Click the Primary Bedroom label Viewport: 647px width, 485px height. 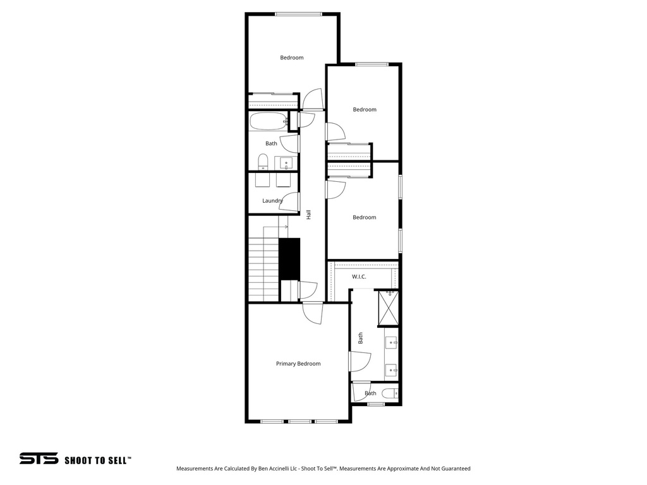[x=298, y=364]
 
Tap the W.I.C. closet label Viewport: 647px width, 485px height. [x=359, y=277]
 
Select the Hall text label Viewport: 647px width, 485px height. [x=308, y=215]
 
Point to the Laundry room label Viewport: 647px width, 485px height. [x=272, y=201]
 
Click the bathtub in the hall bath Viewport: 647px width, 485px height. [x=267, y=121]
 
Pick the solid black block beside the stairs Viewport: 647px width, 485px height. [x=289, y=258]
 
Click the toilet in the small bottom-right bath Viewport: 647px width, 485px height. [x=390, y=393]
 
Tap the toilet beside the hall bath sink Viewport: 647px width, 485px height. [x=263, y=162]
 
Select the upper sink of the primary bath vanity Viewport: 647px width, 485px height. [x=391, y=344]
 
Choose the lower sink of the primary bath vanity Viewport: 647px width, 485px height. [x=391, y=369]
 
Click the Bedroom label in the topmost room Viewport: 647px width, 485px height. [x=292, y=58]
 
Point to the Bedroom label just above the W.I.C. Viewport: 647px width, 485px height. [x=364, y=217]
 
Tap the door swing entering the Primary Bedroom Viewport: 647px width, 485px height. [x=312, y=313]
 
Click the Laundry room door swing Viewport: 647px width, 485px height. [x=290, y=201]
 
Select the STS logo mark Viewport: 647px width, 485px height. [x=39, y=459]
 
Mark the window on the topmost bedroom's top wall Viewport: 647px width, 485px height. [x=298, y=14]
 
